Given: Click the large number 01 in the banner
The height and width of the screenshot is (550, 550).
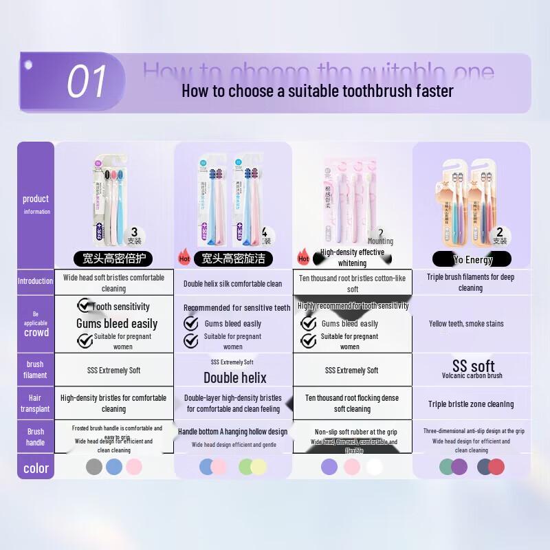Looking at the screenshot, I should pos(87,82).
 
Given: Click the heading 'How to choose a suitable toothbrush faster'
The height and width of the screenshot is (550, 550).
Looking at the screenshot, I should pos(317,91).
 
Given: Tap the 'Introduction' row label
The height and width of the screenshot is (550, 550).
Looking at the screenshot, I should pos(35,281).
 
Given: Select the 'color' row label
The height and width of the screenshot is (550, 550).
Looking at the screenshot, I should pos(36,468).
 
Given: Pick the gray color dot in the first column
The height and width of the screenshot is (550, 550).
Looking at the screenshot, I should pos(94,467).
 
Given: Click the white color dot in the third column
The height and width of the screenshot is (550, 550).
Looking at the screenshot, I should pos(374,467).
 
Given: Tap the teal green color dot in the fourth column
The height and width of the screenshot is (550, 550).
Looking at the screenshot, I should pos(448,467).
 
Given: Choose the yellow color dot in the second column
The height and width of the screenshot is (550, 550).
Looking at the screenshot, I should pos(258,467).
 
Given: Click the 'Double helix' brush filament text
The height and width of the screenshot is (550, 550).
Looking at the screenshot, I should pos(234,377).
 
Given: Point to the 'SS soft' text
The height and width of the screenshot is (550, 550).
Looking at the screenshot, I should pos(473,365).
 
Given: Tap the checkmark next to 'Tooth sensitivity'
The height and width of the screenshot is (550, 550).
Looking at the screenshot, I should pos(85,305).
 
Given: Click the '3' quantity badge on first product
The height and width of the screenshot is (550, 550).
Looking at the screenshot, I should pos(134,232).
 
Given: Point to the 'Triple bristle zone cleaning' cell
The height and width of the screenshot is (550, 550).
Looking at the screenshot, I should pos(471,404).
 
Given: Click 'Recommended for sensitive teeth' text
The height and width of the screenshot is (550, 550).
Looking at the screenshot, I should pos(236,308).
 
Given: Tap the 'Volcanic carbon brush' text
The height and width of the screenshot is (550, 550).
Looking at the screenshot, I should pos(472,376).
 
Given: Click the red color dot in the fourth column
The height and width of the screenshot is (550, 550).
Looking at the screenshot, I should pos(496,467).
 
